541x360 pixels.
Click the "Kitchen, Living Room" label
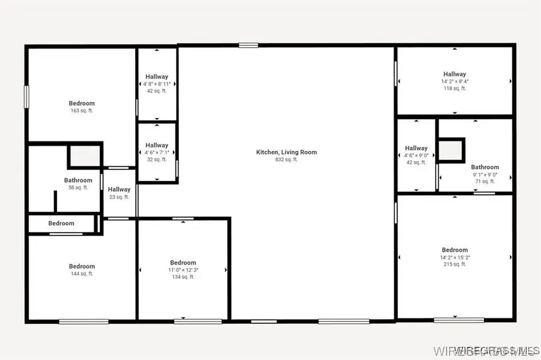click(286, 152)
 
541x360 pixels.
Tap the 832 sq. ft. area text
click(286, 160)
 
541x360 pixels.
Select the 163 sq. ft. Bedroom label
click(82, 103)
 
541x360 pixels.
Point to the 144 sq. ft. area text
click(82, 274)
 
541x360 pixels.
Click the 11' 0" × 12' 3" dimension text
click(183, 270)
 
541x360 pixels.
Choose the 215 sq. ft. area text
click(455, 264)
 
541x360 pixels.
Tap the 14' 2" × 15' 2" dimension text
click(455, 257)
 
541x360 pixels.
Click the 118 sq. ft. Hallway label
click(455, 75)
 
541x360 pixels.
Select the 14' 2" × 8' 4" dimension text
click(455, 82)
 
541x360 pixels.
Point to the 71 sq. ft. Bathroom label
click(484, 167)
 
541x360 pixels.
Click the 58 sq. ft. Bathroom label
click(78, 180)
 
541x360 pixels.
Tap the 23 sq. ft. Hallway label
click(119, 189)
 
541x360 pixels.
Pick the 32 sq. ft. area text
click(157, 160)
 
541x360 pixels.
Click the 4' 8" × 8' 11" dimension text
click(157, 84)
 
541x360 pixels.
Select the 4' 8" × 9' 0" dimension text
click(416, 155)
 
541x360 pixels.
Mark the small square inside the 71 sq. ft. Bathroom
click(450, 150)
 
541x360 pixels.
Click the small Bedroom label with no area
click(61, 224)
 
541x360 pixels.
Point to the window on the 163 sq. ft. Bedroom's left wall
click(26, 97)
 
